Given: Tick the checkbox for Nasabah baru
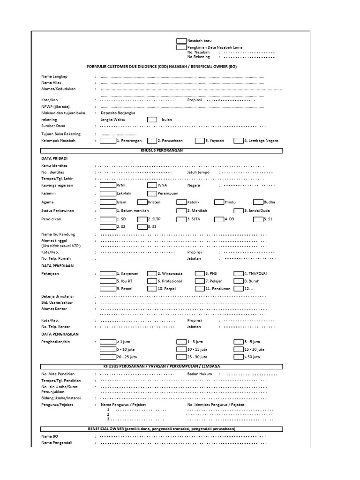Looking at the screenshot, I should (x=181, y=41).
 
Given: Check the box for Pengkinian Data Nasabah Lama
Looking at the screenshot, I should (x=181, y=47).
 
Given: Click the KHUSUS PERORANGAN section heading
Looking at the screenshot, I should (x=162, y=150).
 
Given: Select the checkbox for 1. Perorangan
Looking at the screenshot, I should (x=108, y=140).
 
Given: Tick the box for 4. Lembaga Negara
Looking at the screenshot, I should (x=238, y=140).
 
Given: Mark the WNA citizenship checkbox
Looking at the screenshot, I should (x=152, y=185).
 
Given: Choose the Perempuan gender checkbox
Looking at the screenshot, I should (x=152, y=193).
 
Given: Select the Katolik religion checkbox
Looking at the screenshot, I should (x=181, y=202).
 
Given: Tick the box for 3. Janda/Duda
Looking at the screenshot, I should (x=238, y=210).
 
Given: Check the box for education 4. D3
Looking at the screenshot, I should (x=219, y=218).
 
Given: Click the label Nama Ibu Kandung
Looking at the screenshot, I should (x=58, y=234).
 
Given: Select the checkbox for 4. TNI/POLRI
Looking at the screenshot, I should (x=238, y=273).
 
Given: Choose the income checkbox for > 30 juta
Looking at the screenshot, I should (x=238, y=357).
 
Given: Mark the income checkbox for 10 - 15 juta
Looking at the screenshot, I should (x=181, y=349).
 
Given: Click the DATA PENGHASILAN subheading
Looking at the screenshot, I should (x=60, y=334).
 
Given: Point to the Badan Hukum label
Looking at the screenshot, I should (x=200, y=374).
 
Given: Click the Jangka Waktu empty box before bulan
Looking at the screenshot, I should (x=152, y=120).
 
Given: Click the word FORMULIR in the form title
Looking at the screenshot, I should (x=97, y=67).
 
